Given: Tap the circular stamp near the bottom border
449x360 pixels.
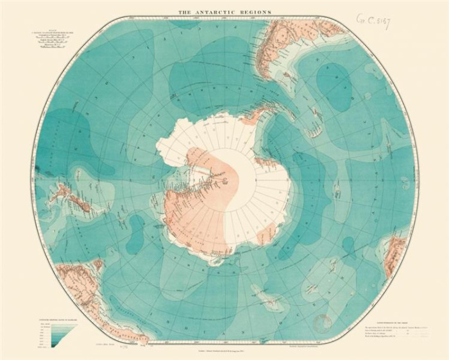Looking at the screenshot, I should (322, 321).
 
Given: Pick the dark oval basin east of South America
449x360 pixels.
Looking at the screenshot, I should (334, 87).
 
